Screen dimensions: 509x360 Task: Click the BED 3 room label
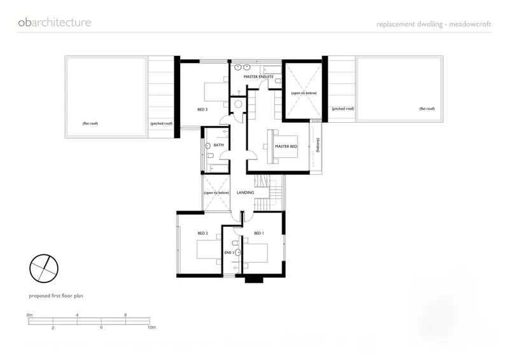pyautogui.click(x=202, y=109)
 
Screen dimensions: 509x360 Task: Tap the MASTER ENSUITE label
pyautogui.click(x=258, y=76)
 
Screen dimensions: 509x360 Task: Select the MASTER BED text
pyautogui.click(x=286, y=146)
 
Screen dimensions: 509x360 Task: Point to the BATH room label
pyautogui.click(x=218, y=145)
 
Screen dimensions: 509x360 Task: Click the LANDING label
pyautogui.click(x=245, y=193)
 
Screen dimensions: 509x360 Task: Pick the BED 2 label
pyautogui.click(x=202, y=233)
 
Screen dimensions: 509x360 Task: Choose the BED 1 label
pyautogui.click(x=259, y=233)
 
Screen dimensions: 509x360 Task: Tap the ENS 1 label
pyautogui.click(x=229, y=253)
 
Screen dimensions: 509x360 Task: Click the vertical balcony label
pyautogui.click(x=317, y=145)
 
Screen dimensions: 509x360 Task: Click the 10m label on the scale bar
pyautogui.click(x=151, y=327)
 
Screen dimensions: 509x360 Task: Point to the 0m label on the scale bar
pyautogui.click(x=29, y=315)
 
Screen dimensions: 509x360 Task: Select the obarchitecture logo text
pyautogui.click(x=55, y=22)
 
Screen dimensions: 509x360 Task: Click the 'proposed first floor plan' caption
pyautogui.click(x=56, y=296)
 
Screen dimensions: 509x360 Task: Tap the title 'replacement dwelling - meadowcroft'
pyautogui.click(x=434, y=24)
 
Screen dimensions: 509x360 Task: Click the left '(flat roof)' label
pyautogui.click(x=90, y=123)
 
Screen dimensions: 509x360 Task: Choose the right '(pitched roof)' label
pyautogui.click(x=343, y=109)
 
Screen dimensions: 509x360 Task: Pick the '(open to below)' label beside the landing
pyautogui.click(x=216, y=193)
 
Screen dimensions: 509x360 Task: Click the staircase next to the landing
pyautogui.click(x=268, y=193)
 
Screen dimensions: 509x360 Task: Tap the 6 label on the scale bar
pyautogui.click(x=101, y=327)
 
